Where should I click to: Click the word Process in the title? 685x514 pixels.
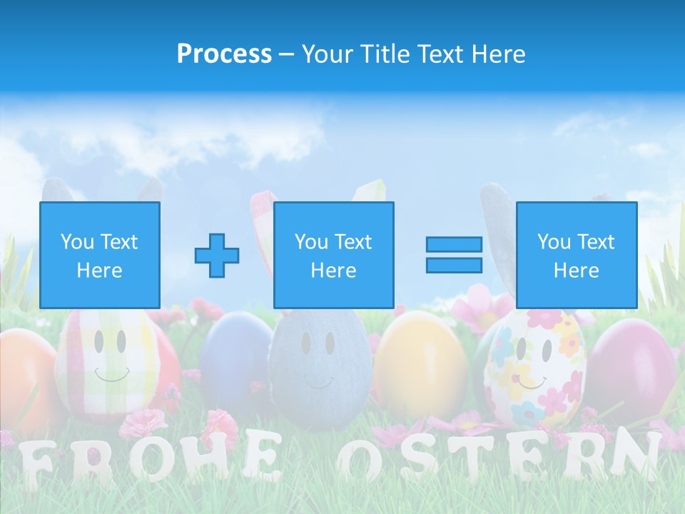[x=224, y=54]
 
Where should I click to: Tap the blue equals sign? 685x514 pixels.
[x=454, y=255]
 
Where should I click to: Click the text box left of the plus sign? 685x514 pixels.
[x=100, y=255]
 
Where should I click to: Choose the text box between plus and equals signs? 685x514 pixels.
[x=333, y=255]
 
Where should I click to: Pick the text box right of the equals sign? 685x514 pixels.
[x=576, y=255]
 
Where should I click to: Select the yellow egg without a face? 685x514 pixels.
[x=421, y=364]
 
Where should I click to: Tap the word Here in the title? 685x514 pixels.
[x=497, y=54]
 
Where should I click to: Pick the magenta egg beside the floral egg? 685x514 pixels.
[x=628, y=364]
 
